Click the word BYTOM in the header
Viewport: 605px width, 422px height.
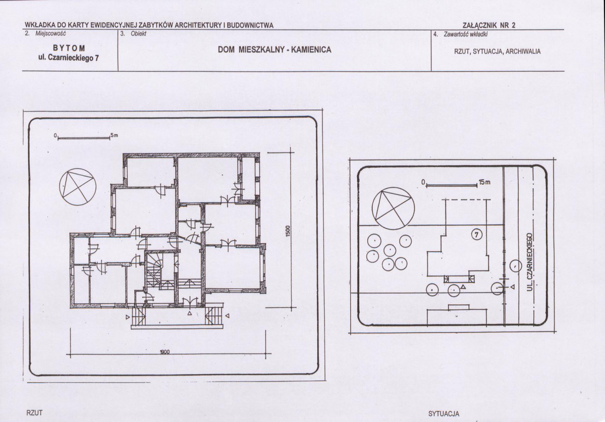point(69,48)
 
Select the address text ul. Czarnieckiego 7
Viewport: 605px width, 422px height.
point(69,58)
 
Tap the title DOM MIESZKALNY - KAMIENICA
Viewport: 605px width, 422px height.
point(274,50)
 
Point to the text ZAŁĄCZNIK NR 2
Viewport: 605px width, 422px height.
point(489,25)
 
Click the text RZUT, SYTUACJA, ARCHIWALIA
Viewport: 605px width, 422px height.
point(498,51)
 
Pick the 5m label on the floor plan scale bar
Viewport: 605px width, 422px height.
point(114,135)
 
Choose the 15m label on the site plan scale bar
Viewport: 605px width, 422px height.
point(484,182)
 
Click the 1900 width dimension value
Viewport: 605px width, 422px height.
point(165,352)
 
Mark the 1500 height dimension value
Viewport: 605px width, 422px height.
point(288,232)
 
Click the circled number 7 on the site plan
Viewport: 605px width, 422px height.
point(477,234)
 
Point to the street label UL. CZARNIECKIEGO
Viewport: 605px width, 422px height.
point(530,261)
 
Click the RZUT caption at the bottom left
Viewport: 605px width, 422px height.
point(34,413)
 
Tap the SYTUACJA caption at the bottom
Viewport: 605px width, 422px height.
point(444,414)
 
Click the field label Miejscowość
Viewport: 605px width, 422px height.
point(50,34)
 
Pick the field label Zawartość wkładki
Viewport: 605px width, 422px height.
point(466,34)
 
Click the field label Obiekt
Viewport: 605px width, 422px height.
point(139,34)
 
